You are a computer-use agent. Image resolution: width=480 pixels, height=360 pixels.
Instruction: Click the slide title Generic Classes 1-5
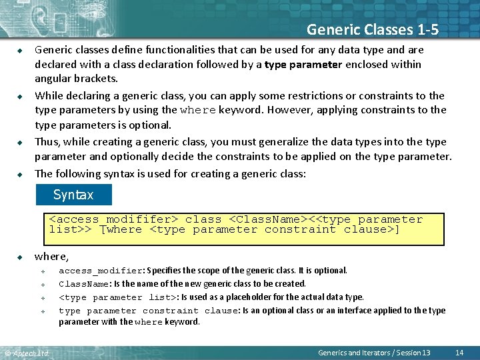click(x=372, y=29)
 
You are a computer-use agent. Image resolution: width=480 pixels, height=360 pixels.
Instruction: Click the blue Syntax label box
click(x=73, y=195)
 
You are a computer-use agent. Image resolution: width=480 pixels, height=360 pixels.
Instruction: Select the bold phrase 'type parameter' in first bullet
click(x=303, y=64)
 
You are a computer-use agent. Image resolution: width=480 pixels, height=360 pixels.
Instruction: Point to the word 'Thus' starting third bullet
click(x=47, y=142)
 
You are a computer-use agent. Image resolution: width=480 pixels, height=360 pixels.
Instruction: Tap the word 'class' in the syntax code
click(x=203, y=219)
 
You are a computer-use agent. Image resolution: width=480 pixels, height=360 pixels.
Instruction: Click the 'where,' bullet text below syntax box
click(x=51, y=256)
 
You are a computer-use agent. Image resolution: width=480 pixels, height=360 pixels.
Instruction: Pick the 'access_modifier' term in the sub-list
click(x=100, y=271)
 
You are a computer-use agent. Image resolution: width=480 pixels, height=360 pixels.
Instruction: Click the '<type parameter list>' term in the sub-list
click(x=117, y=297)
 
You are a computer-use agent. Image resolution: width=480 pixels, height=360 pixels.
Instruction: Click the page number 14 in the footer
click(x=459, y=352)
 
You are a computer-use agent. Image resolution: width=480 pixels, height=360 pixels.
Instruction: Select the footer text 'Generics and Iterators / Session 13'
click(x=374, y=352)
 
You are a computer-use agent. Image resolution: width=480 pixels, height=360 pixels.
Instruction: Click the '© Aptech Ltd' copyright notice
click(x=27, y=353)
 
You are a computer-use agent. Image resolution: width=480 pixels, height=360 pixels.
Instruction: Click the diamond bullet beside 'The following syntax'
click(x=21, y=174)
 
